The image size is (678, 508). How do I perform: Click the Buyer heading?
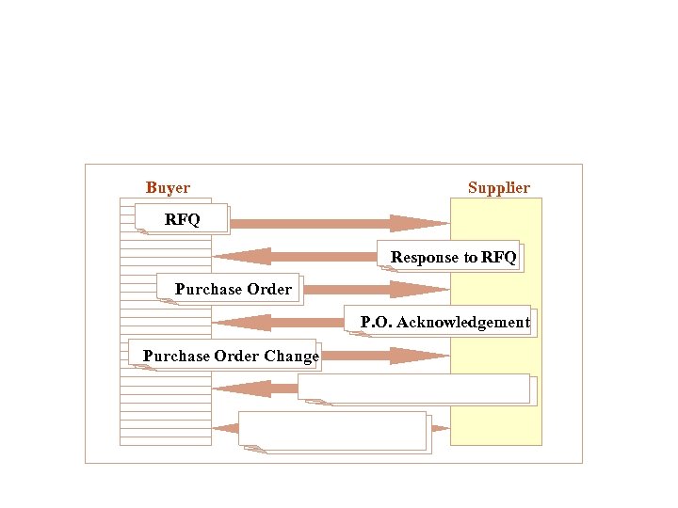(x=168, y=188)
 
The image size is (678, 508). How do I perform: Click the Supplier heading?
(x=498, y=188)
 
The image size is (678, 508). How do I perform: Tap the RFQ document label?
(x=182, y=220)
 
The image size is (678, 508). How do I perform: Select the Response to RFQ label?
(x=453, y=257)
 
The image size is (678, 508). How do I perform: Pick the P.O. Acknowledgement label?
(x=444, y=322)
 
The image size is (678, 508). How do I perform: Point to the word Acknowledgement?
(x=462, y=322)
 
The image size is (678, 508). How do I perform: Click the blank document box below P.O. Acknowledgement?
(x=413, y=388)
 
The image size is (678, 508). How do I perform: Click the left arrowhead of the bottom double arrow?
(x=226, y=428)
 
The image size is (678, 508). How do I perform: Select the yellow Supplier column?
(x=496, y=414)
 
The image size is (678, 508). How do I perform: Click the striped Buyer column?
(x=165, y=414)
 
